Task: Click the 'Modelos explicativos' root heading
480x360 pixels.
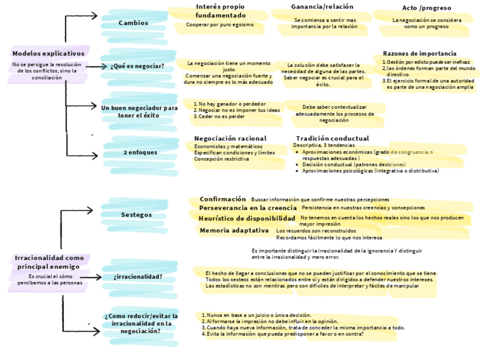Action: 48,53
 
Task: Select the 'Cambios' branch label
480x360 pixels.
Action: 134,23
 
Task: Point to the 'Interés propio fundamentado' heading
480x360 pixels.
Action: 221,11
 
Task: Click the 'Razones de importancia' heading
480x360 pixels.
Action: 419,53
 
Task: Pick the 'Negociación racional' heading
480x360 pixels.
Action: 230,138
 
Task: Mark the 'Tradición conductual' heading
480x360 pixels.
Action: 332,138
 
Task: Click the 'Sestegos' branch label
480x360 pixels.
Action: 136,215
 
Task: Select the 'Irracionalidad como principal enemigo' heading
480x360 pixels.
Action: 49,262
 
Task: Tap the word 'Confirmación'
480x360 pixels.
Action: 222,199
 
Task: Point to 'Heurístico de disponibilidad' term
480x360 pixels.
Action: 247,218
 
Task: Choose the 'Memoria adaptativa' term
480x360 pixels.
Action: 234,230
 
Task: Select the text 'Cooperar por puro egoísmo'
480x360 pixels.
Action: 220,25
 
